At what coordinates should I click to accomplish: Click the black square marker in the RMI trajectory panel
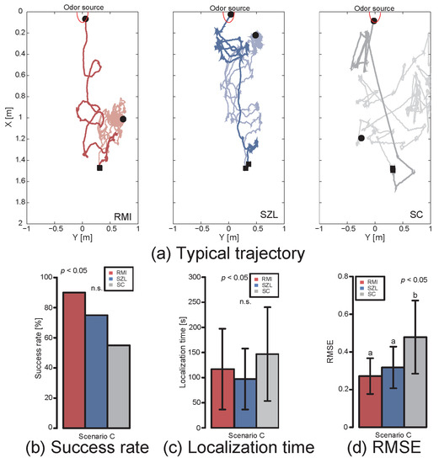(x=99, y=168)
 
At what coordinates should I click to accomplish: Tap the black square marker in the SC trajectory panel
(x=393, y=169)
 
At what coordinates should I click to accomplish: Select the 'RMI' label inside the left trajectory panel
(x=122, y=216)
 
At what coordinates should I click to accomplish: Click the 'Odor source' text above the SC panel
(x=373, y=6)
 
